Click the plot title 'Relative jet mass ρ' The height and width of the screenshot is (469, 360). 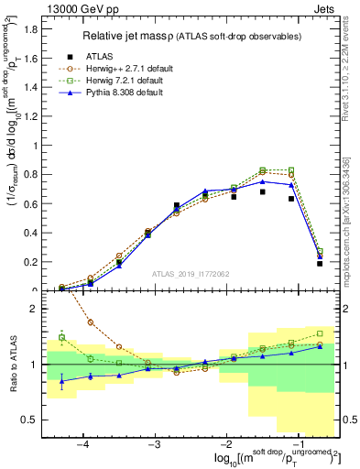pyautogui.click(x=137, y=37)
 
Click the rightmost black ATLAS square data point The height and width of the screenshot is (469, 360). pyautogui.click(x=320, y=264)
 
